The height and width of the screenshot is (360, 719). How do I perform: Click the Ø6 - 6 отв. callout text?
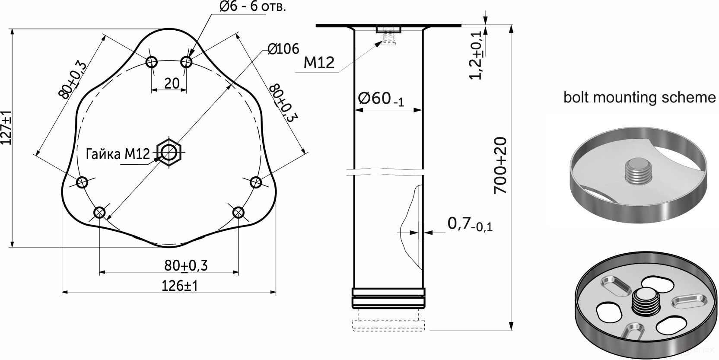252,7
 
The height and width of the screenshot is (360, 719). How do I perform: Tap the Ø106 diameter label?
283,49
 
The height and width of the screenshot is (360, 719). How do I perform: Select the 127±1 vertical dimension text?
6,128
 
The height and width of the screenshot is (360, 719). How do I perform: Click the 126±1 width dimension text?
179,286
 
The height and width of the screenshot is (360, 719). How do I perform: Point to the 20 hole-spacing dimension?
172,83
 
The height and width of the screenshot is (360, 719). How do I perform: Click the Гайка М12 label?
118,154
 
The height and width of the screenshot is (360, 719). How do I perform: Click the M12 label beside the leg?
319,63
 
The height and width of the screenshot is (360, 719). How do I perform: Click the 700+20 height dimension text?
500,166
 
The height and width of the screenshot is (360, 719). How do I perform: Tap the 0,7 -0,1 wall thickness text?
470,224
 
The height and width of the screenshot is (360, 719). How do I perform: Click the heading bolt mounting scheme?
639,97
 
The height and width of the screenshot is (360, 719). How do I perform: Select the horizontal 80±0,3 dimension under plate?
186,265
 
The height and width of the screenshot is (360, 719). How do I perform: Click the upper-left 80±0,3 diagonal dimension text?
73,80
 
